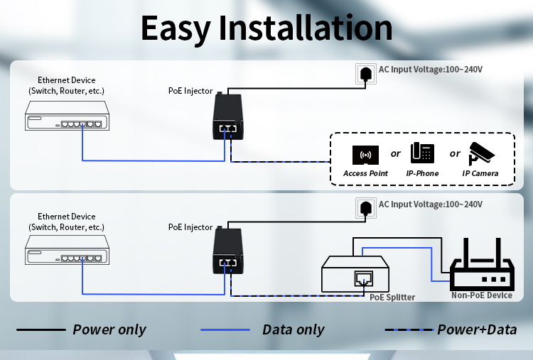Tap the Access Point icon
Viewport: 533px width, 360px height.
365,155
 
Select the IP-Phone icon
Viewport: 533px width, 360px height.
422,153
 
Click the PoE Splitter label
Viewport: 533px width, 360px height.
392,298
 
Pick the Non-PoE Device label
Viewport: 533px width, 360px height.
481,295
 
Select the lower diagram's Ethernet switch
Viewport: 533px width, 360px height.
65,252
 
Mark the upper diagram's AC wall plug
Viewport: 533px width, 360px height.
365,73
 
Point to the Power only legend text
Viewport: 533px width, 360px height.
109,329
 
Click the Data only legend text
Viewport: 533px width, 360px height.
293,329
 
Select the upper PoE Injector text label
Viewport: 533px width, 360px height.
190,90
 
